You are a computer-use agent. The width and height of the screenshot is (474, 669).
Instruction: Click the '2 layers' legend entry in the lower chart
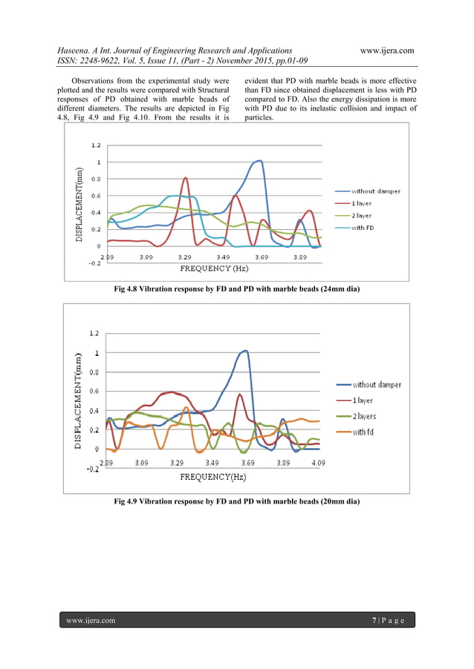coord(365,415)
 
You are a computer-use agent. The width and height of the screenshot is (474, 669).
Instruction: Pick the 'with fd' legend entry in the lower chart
coord(363,432)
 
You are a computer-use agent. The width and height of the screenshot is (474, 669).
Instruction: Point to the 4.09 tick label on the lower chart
coord(318,462)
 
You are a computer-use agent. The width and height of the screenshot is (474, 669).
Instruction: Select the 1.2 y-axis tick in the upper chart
coord(97,145)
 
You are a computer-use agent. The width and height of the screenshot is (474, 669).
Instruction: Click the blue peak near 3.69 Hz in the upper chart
coord(259,160)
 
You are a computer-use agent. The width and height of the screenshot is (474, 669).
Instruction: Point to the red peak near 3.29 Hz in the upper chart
coord(185,178)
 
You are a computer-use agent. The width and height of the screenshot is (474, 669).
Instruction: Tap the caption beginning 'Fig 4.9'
coord(236,502)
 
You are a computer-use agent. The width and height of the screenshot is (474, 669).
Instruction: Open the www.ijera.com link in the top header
coord(386,50)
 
